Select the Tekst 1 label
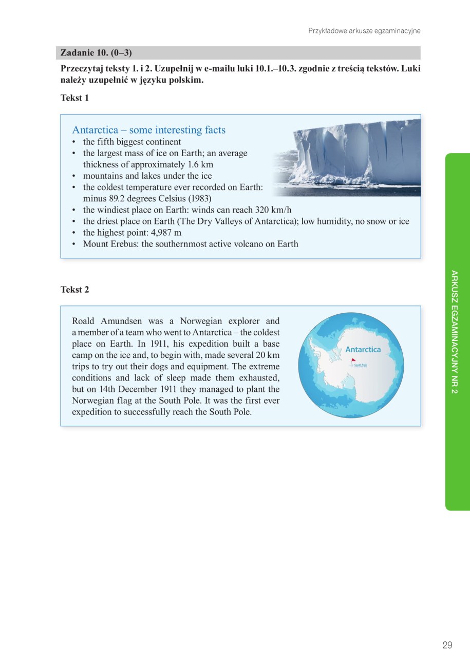pos(74,98)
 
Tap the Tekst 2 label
pos(74,290)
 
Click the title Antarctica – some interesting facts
pos(149,130)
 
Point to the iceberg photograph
pos(347,156)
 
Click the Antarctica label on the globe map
pos(363,349)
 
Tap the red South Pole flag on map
pos(353,360)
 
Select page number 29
pos(447,645)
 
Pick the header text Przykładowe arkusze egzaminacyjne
pos(364,31)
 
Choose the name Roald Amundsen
pos(106,321)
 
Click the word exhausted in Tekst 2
pos(260,378)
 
